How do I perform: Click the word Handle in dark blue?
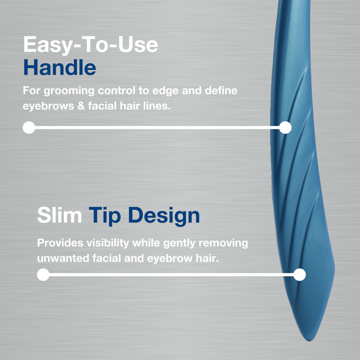point(60,67)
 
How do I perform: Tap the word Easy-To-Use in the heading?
point(91,45)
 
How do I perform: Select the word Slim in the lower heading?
point(59,215)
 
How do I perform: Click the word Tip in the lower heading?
point(104,216)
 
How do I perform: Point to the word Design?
point(164,216)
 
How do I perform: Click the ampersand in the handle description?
point(81,106)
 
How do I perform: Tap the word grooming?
point(69,91)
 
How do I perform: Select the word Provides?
point(60,243)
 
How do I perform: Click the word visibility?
point(108,243)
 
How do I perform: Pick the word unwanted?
point(63,258)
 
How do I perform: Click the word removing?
point(223,243)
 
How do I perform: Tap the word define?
point(221,90)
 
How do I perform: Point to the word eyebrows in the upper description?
point(49,106)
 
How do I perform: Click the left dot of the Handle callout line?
point(29,127)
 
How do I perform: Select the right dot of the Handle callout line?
point(285,127)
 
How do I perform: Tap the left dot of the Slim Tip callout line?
point(43,275)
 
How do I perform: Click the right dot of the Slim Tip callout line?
point(300,275)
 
